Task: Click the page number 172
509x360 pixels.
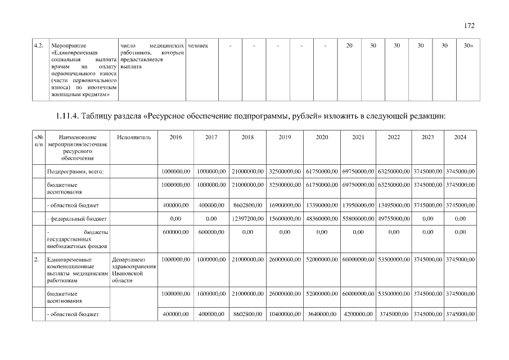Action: tap(470, 25)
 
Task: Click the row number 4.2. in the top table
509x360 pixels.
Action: tap(39, 44)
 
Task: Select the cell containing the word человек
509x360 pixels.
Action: tap(198, 44)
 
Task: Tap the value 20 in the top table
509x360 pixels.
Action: tap(349, 44)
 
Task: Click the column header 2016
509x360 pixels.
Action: tap(175, 137)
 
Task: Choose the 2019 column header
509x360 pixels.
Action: tap(285, 137)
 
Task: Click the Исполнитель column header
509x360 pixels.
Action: tap(134, 137)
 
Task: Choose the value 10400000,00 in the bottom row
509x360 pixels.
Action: tap(285, 314)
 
